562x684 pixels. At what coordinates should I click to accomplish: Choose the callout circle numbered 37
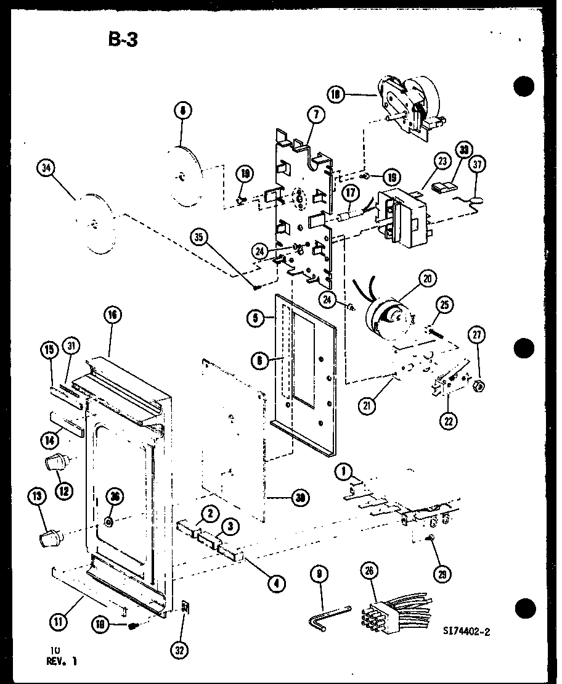(478, 164)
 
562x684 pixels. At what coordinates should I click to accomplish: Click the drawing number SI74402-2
(470, 631)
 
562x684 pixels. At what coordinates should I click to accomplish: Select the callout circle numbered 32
(181, 649)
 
